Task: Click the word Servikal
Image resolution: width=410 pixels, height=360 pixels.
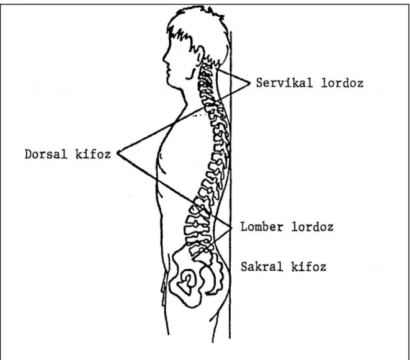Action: click(284, 83)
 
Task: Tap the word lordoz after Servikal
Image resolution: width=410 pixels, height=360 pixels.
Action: click(342, 83)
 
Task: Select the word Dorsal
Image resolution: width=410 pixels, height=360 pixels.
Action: click(46, 154)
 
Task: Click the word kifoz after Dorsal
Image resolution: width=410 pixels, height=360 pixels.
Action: click(93, 154)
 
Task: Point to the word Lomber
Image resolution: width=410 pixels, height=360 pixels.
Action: click(262, 227)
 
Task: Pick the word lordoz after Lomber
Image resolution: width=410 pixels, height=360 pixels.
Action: click(312, 227)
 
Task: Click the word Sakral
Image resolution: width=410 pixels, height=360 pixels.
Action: click(262, 267)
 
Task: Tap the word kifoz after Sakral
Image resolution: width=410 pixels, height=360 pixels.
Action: click(309, 267)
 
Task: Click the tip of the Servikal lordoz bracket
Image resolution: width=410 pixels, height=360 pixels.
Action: click(250, 83)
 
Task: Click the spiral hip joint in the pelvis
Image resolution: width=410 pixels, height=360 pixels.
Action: click(187, 282)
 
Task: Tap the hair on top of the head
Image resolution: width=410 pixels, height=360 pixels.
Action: click(196, 16)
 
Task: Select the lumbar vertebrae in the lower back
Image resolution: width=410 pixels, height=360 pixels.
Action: click(197, 225)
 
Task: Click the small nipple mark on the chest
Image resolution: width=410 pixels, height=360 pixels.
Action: click(161, 156)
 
